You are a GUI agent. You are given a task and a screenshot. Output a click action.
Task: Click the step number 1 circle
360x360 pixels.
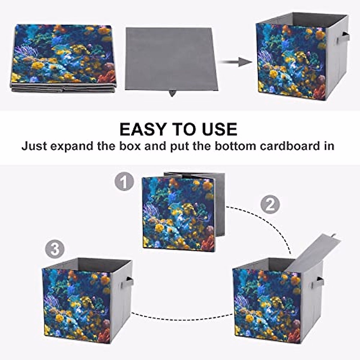click(x=124, y=182)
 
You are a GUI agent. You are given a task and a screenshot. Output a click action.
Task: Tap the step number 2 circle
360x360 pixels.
click(x=270, y=205)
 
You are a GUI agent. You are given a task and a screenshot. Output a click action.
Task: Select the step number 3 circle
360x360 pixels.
click(x=55, y=249)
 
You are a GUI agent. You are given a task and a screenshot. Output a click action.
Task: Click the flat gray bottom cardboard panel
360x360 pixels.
click(x=171, y=58)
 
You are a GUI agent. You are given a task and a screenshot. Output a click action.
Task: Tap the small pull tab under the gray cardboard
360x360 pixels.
click(x=172, y=93)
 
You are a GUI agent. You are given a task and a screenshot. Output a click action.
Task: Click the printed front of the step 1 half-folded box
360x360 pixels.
click(x=178, y=213)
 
